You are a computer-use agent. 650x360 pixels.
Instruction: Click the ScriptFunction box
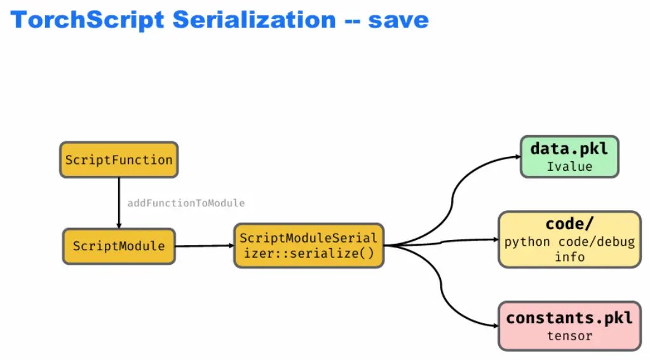click(x=119, y=160)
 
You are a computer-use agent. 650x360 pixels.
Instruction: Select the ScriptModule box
click(x=119, y=246)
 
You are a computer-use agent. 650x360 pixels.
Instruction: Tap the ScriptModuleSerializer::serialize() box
click(x=309, y=246)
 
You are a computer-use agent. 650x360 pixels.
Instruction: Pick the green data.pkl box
click(x=569, y=157)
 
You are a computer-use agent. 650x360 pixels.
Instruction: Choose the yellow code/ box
click(x=569, y=239)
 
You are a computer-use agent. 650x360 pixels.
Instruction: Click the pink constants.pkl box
click(x=569, y=326)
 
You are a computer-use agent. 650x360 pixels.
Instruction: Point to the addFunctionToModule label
click(x=186, y=203)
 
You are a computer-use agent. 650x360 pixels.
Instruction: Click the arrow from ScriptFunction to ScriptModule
click(x=119, y=203)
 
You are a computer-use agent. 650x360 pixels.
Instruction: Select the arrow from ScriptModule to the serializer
click(x=205, y=246)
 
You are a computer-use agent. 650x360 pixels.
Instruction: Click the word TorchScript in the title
click(x=87, y=20)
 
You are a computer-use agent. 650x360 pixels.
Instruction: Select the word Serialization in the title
click(x=254, y=20)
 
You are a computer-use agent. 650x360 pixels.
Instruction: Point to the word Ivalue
click(x=569, y=166)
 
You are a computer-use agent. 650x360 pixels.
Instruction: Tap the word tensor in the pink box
click(x=569, y=336)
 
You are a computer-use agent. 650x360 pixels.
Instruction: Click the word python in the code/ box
click(x=527, y=242)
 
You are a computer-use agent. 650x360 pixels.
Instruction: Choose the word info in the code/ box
click(x=569, y=257)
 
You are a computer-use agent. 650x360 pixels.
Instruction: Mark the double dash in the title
click(x=352, y=21)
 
